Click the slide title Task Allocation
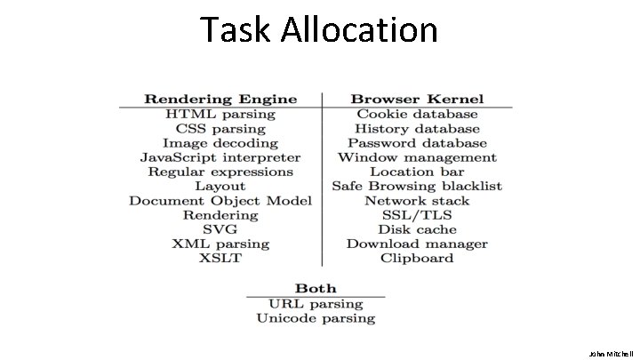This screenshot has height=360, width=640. (319, 30)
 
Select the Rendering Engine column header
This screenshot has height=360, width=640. (220, 99)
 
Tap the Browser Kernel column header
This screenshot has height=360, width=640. (417, 99)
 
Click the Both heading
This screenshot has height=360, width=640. (316, 288)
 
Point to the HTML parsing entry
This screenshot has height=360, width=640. (220, 114)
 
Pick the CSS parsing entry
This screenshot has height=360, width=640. (220, 128)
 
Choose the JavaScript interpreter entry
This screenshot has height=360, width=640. (220, 157)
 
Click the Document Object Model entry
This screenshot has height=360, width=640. (220, 201)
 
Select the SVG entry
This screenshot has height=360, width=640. (220, 229)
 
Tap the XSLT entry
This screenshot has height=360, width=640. (220, 259)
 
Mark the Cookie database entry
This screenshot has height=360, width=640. (417, 114)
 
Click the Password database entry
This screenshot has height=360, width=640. (417, 142)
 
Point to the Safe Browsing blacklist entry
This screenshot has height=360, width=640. (417, 186)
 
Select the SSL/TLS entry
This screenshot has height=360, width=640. (417, 215)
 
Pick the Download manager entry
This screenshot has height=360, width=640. (417, 244)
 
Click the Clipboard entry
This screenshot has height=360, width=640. (417, 259)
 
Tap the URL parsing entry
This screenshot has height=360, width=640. (316, 303)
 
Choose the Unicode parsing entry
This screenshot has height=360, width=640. (316, 317)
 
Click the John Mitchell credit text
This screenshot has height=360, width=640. (612, 352)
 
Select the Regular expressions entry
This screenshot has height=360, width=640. (220, 172)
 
